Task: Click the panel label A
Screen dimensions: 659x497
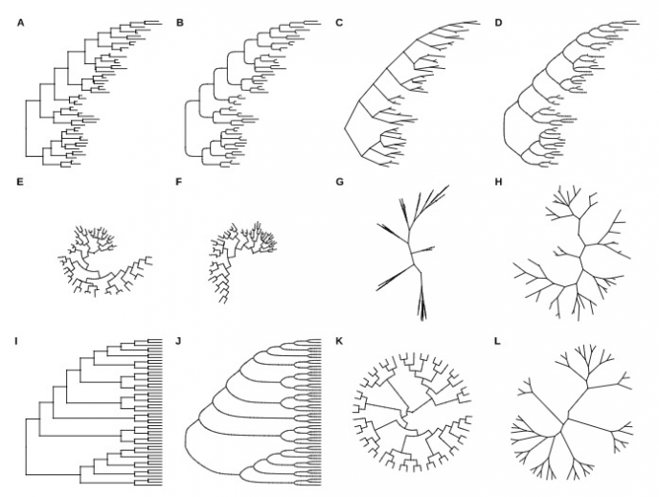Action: pyautogui.click(x=20, y=23)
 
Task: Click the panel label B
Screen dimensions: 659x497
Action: pyautogui.click(x=180, y=23)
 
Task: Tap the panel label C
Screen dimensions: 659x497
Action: pyautogui.click(x=340, y=23)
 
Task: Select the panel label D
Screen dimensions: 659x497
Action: pyautogui.click(x=499, y=23)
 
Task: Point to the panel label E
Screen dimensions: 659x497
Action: pyautogui.click(x=20, y=182)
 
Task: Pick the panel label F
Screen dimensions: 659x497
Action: pyautogui.click(x=179, y=182)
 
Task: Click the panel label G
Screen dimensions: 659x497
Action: pyautogui.click(x=340, y=182)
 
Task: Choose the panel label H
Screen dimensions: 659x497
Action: pyautogui.click(x=499, y=182)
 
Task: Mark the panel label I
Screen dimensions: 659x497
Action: pyautogui.click(x=16, y=341)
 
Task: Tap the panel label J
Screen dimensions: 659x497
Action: pyautogui.click(x=179, y=341)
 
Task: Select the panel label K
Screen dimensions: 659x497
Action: pyautogui.click(x=340, y=341)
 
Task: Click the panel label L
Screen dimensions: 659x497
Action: pyautogui.click(x=498, y=341)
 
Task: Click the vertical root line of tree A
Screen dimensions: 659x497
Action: pyautogui.click(x=26, y=128)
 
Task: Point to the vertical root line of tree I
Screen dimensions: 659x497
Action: pyautogui.click(x=26, y=446)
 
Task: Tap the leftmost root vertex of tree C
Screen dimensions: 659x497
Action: pyautogui.click(x=344, y=127)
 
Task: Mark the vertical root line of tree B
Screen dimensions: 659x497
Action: pyautogui.click(x=186, y=128)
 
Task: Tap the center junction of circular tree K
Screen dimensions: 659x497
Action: pyautogui.click(x=407, y=415)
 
